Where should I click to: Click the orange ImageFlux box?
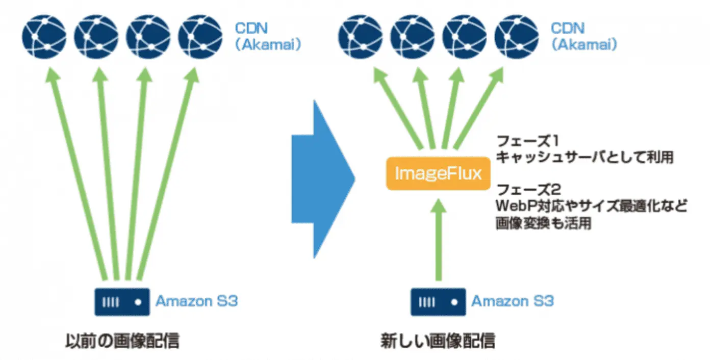point(437,173)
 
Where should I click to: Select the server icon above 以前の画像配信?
point(122,301)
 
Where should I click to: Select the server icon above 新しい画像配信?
point(438,301)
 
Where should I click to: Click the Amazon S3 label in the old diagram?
point(197,301)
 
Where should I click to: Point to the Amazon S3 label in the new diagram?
point(513,301)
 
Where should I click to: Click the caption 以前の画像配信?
point(122,340)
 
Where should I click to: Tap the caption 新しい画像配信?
point(438,340)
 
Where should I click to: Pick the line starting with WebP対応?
point(592,207)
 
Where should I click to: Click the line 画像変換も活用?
point(544,223)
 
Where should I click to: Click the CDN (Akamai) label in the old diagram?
point(268,36)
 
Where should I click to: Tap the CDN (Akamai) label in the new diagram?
point(584,36)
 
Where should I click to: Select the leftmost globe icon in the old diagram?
point(44,37)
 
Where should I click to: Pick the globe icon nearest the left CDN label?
point(201,37)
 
